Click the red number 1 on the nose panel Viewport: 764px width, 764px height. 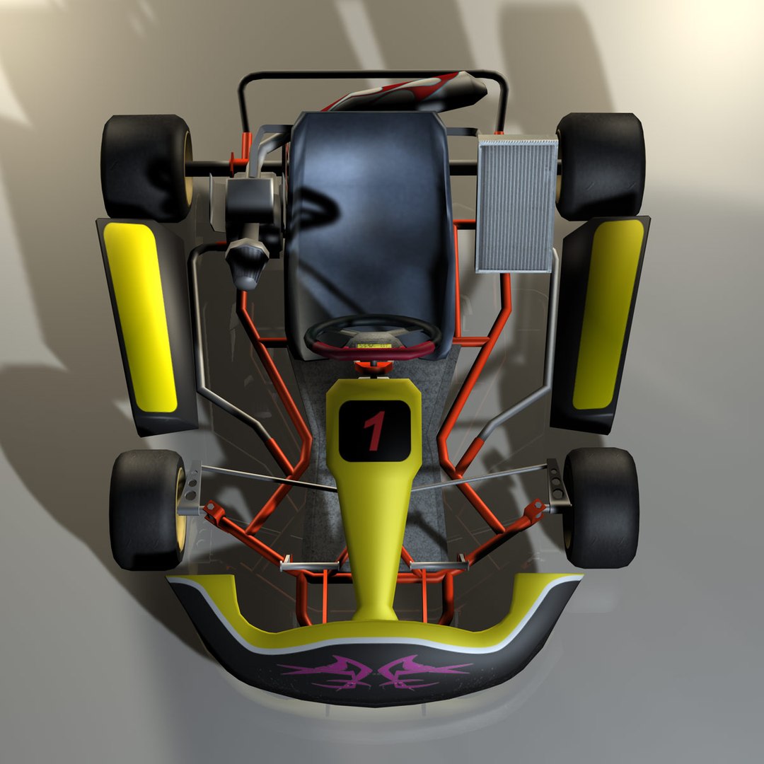pos(374,430)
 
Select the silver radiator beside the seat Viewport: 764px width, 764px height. pos(516,204)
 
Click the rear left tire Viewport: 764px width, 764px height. pos(146,167)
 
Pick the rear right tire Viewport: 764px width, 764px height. pos(601,166)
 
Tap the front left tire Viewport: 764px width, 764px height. pos(146,509)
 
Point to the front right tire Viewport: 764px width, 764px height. pos(601,507)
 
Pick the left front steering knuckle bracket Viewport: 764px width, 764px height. pos(191,488)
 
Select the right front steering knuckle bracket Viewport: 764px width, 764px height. pos(557,485)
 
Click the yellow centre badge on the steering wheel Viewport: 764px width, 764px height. pos(373,346)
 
